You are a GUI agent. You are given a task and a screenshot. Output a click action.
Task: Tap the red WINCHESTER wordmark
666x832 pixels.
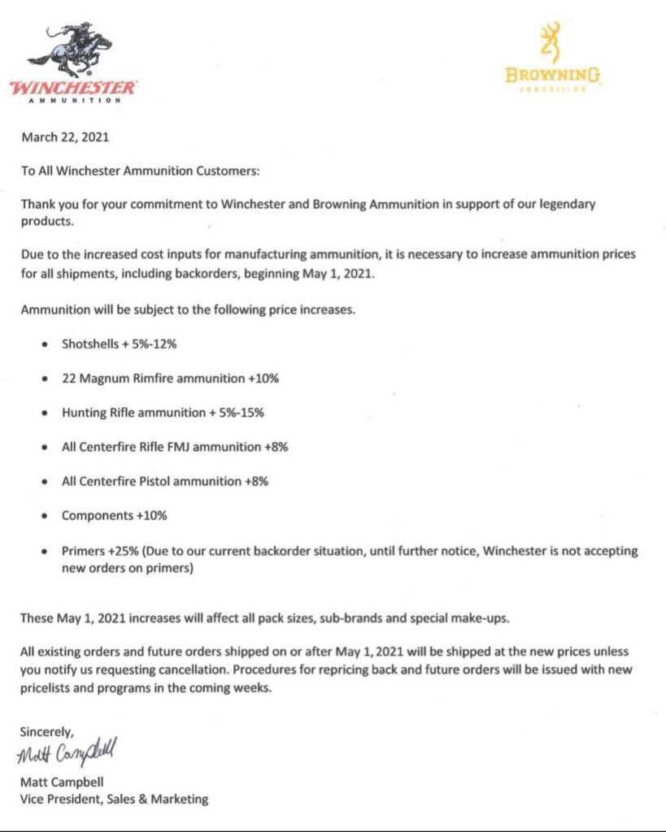point(73,87)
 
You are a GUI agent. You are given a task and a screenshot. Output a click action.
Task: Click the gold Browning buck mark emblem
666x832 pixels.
point(552,42)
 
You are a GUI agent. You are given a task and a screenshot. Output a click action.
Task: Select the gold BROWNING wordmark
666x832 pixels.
point(553,76)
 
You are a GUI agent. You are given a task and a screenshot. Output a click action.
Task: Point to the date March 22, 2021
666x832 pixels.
point(65,137)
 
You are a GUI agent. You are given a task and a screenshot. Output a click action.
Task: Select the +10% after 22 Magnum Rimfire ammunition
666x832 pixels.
point(259,378)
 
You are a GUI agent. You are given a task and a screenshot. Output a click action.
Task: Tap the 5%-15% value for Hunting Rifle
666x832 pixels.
point(241,412)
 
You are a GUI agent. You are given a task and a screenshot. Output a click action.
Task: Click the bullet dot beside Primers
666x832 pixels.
point(43,551)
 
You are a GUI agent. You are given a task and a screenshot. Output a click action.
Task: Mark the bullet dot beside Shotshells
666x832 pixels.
point(43,344)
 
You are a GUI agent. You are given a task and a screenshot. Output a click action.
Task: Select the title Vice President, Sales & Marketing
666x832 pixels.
point(114,799)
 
